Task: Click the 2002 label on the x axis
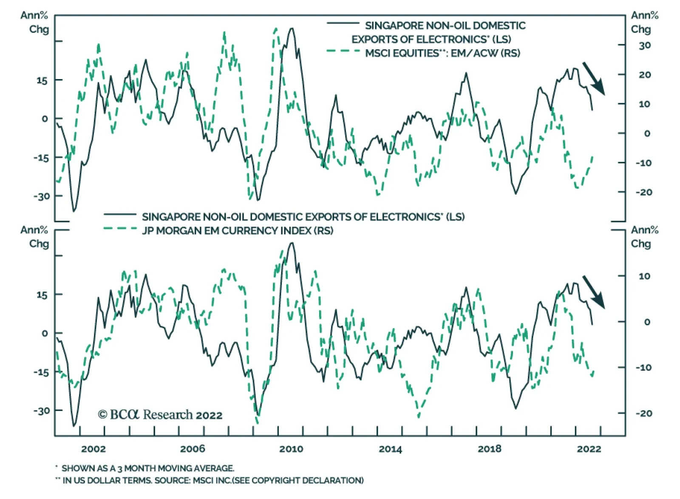pyautogui.click(x=93, y=449)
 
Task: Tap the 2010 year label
pyautogui.click(x=291, y=449)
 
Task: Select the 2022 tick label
pyautogui.click(x=589, y=449)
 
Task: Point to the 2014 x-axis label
pyautogui.click(x=390, y=449)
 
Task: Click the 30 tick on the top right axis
pyautogui.click(x=644, y=45)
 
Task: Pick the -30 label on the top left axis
pyautogui.click(x=41, y=196)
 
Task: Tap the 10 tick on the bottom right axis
pyautogui.click(x=644, y=276)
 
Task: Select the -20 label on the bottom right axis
pyautogui.click(x=643, y=413)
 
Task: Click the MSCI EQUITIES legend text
pyautogui.click(x=442, y=53)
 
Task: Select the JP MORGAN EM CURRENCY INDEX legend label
pyautogui.click(x=238, y=231)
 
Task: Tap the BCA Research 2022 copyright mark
pyautogui.click(x=160, y=414)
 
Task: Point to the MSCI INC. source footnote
pyautogui.click(x=213, y=481)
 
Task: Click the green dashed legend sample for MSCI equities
pyautogui.click(x=343, y=51)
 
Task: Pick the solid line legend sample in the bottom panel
pyautogui.click(x=120, y=214)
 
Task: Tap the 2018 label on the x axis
pyautogui.click(x=489, y=449)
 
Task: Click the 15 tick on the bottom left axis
pyautogui.click(x=42, y=295)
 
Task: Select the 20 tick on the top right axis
pyautogui.click(x=644, y=75)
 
